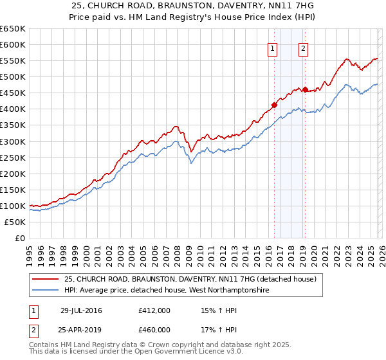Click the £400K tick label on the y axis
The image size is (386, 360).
pos(12,109)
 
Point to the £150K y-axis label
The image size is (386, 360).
pos(12,190)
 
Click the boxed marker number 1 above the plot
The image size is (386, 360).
pos(273,48)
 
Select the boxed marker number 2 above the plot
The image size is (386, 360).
pos(303,48)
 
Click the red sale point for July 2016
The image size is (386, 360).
pos(274,105)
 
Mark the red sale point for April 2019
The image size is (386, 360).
pos(305,89)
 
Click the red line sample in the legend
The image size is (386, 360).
pos(46,280)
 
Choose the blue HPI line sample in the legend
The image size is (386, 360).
pos(46,291)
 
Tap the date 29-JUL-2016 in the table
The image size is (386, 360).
pos(81,310)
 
